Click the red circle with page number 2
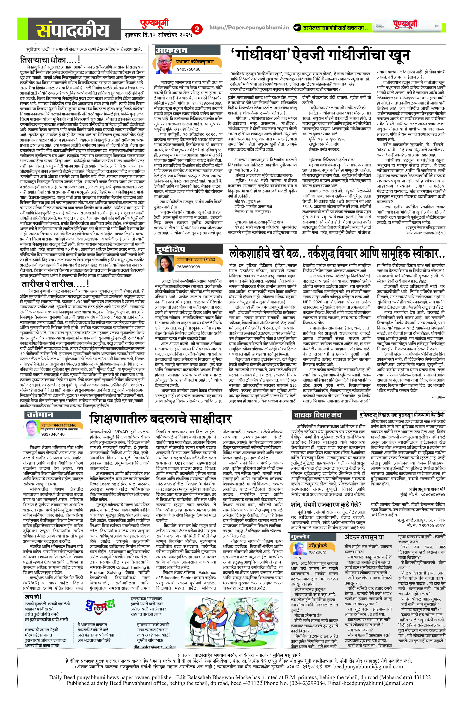197,29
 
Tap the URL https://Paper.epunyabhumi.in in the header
249,28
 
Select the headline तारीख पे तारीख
55,284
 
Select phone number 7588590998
188,267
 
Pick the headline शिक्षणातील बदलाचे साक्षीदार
160,419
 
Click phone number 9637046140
53,434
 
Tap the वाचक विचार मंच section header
318,415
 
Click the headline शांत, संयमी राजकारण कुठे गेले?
326,504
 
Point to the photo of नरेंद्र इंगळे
299,548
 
